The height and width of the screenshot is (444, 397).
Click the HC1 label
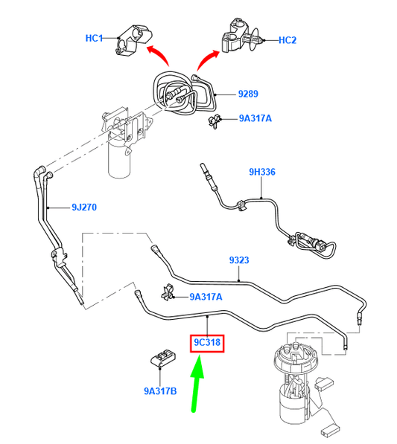(94, 38)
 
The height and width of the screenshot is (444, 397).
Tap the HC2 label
(288, 40)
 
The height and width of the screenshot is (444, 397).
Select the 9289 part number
(248, 94)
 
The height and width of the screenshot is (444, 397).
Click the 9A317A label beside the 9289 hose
(255, 118)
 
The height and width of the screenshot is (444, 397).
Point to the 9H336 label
(262, 172)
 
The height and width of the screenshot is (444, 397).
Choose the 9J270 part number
(84, 207)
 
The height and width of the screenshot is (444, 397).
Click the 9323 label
(239, 260)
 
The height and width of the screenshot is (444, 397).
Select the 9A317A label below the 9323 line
(206, 297)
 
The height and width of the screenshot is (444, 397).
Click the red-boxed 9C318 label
(207, 342)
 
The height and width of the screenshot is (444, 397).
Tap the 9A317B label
(160, 391)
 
